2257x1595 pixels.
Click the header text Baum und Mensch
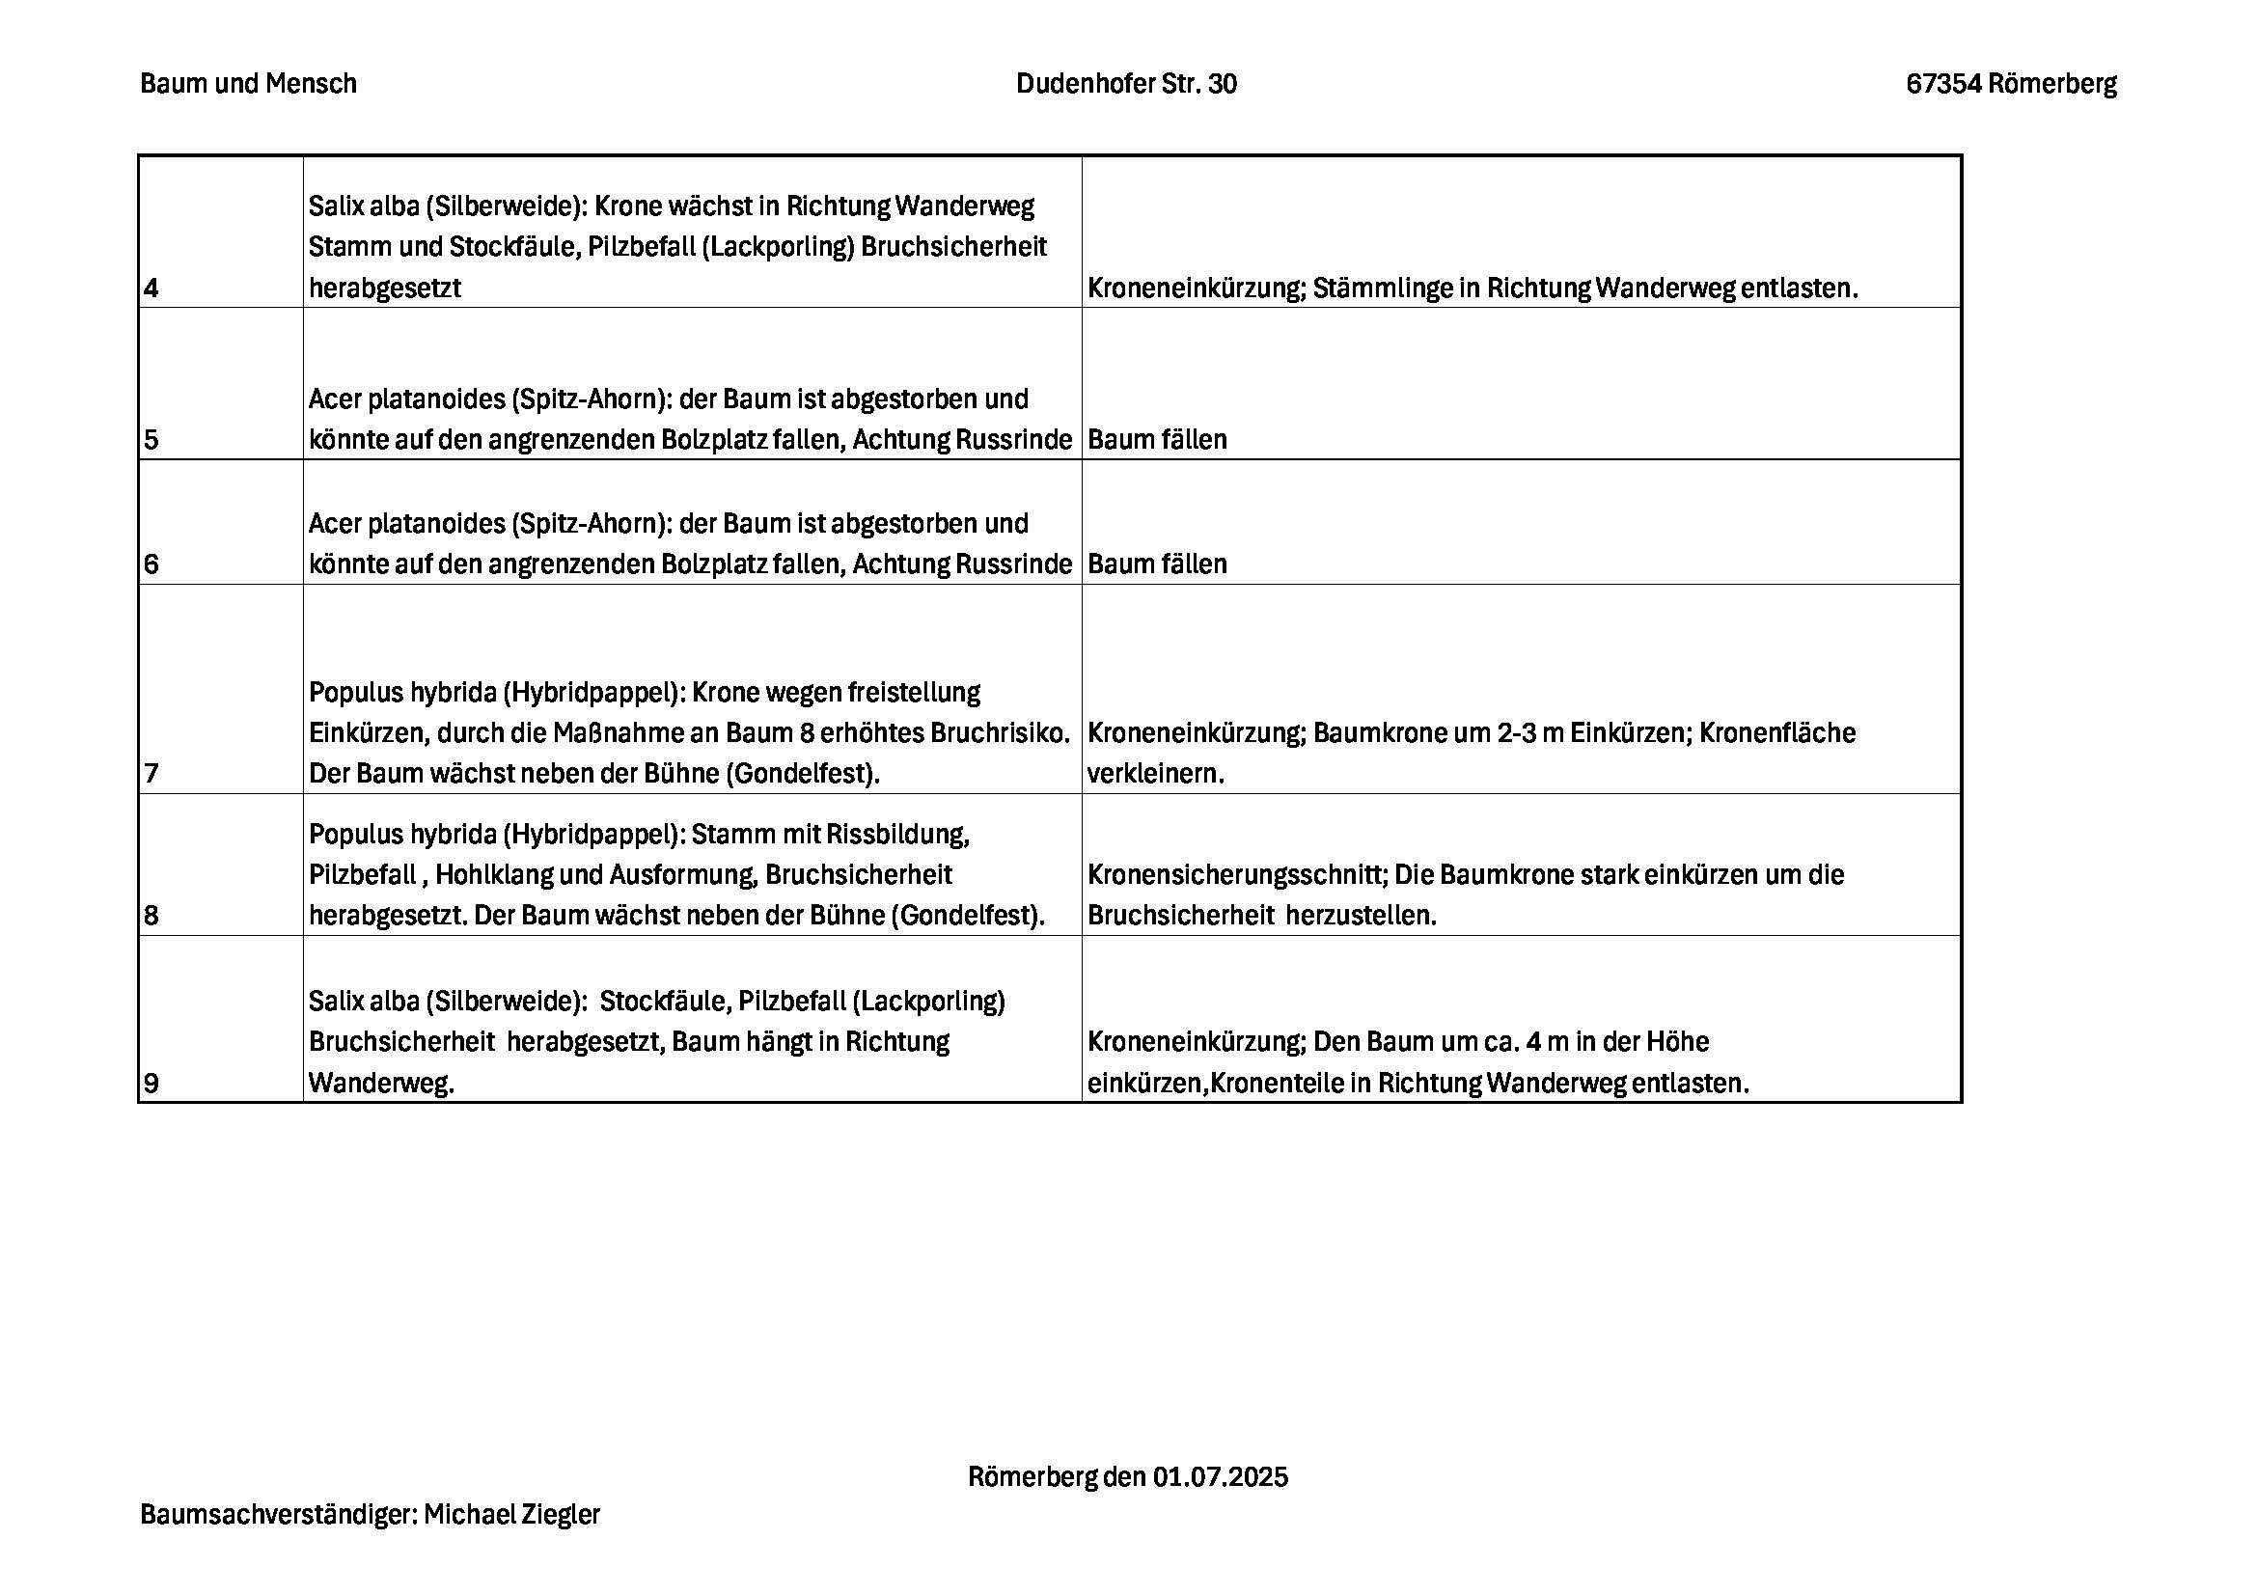point(248,84)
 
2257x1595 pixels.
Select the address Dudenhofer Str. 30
point(1125,84)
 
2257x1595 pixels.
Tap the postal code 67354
point(1941,84)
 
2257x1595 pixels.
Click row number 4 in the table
point(151,289)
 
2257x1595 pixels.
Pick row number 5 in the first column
point(151,439)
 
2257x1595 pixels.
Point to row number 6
point(151,564)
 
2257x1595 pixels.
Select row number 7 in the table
point(151,775)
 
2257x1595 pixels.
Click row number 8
point(151,916)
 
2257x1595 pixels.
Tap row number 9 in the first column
point(151,1084)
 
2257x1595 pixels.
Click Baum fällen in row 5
point(1157,439)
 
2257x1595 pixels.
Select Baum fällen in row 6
point(1157,564)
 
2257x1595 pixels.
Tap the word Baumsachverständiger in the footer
point(278,1514)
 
